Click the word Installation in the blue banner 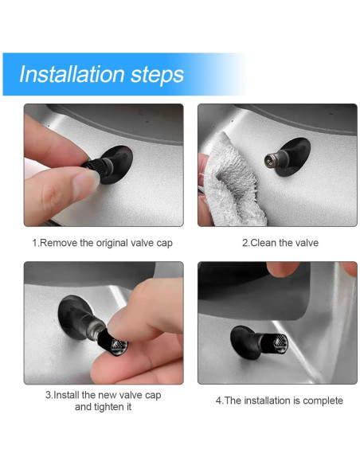tap(72, 74)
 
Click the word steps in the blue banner tap(157, 76)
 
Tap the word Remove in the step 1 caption tap(58, 243)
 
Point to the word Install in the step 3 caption tap(66, 395)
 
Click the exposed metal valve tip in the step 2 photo tap(271, 160)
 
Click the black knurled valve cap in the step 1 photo tap(94, 164)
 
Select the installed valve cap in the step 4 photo tap(275, 343)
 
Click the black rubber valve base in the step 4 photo tap(242, 342)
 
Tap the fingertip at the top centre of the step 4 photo tap(281, 268)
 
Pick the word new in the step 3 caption tap(108, 395)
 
